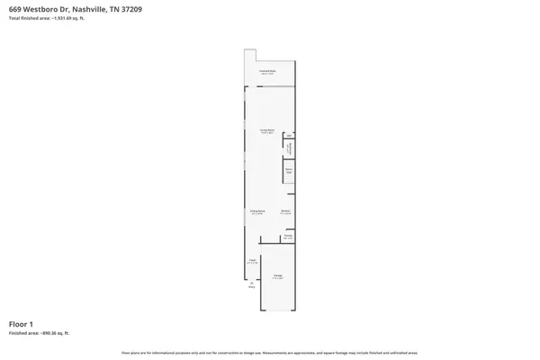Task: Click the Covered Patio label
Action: [267, 70]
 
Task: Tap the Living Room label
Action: [267, 131]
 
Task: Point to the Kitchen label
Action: [285, 212]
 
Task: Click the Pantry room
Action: [288, 238]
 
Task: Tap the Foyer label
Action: [253, 261]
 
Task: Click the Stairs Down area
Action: [290, 169]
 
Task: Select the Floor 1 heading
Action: [21, 323]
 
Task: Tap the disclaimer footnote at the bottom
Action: [270, 352]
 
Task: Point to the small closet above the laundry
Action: [289, 137]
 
